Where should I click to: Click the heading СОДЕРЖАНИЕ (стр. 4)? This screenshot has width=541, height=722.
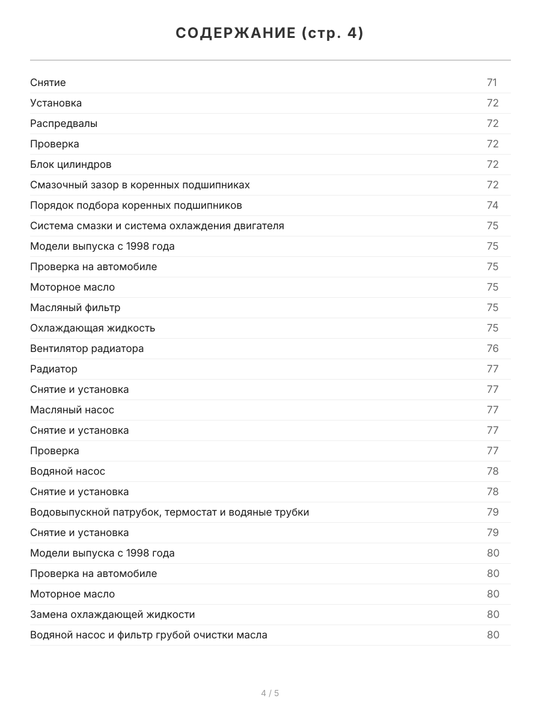point(270,34)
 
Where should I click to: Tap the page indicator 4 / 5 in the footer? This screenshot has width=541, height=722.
point(270,693)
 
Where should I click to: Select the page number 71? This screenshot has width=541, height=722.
point(492,82)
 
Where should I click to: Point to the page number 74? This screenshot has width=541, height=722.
point(492,205)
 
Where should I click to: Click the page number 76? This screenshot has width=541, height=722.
point(492,348)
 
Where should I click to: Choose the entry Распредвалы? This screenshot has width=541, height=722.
point(64,123)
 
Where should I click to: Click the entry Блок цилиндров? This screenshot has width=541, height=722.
point(71,164)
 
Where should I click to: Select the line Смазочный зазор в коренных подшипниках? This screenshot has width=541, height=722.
point(140,185)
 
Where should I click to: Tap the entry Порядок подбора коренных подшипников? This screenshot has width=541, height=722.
point(136,205)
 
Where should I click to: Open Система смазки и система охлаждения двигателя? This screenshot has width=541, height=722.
point(157,226)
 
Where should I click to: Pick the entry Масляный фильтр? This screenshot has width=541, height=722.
point(75,307)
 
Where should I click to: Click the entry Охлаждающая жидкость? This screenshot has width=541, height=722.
point(93,328)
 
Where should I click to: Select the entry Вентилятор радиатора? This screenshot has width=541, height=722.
point(87,348)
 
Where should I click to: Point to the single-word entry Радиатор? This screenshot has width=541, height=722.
point(54,369)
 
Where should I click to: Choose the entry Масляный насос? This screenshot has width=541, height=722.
point(72,410)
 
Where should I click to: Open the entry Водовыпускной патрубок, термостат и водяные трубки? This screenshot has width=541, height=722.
point(170,512)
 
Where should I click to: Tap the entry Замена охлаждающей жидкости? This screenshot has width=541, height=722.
point(112,614)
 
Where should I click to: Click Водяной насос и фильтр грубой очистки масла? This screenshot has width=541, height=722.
point(149,635)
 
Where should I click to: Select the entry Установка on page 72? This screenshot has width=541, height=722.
point(56,103)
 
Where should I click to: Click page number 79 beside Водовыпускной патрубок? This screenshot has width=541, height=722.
point(492,512)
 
